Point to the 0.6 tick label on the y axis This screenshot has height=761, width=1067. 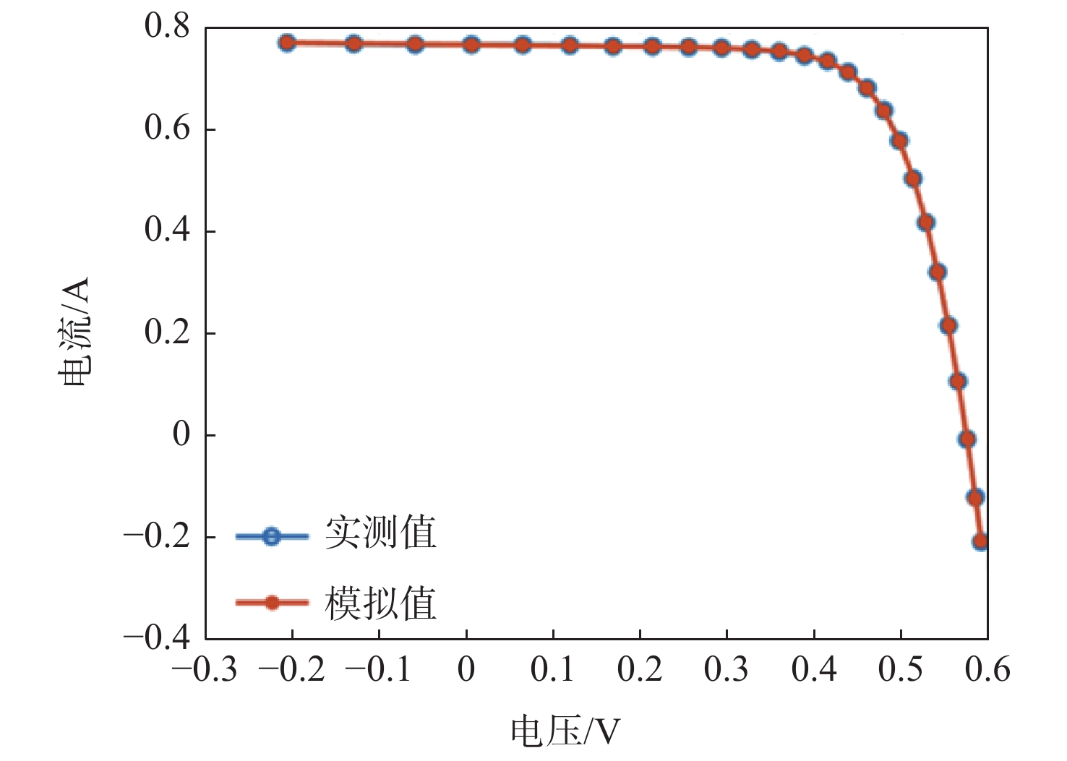point(166,129)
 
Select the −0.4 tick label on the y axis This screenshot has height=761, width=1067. point(156,638)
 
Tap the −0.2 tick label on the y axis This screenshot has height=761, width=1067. point(156,536)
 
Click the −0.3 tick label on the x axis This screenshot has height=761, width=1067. point(205,670)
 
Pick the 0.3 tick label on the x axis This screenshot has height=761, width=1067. point(726,670)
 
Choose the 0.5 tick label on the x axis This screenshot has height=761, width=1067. point(900,670)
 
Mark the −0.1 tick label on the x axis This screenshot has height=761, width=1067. point(378,670)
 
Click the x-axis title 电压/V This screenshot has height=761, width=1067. point(565,731)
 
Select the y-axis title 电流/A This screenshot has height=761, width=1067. point(74,331)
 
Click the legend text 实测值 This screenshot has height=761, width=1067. point(380,533)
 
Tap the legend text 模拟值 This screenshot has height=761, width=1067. point(380,603)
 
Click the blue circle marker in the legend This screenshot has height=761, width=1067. point(271,536)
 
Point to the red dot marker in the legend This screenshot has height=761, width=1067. point(271,603)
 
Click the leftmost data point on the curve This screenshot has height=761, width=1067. point(287,43)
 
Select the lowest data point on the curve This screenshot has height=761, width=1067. point(980,541)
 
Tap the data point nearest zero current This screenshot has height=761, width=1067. point(967,439)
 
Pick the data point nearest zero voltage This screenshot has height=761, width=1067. point(471,45)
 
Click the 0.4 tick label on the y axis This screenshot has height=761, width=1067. point(166,231)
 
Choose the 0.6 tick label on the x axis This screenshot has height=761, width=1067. point(987,670)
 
